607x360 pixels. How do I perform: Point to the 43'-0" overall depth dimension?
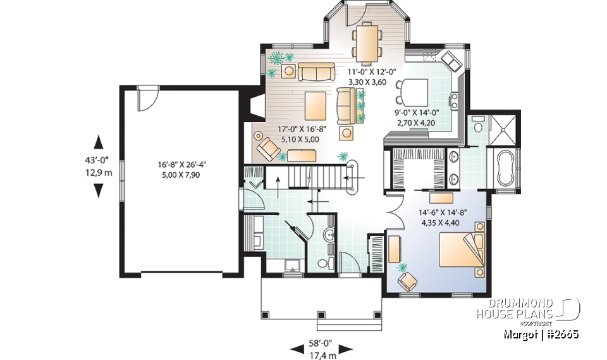coord(99,166)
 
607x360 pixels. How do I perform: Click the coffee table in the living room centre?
coord(315,106)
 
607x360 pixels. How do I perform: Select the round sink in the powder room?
coord(328,236)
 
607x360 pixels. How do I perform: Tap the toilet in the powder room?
coord(323,264)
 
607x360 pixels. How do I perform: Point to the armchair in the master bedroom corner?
coord(405,278)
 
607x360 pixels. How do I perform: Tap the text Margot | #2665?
coord(542,334)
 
